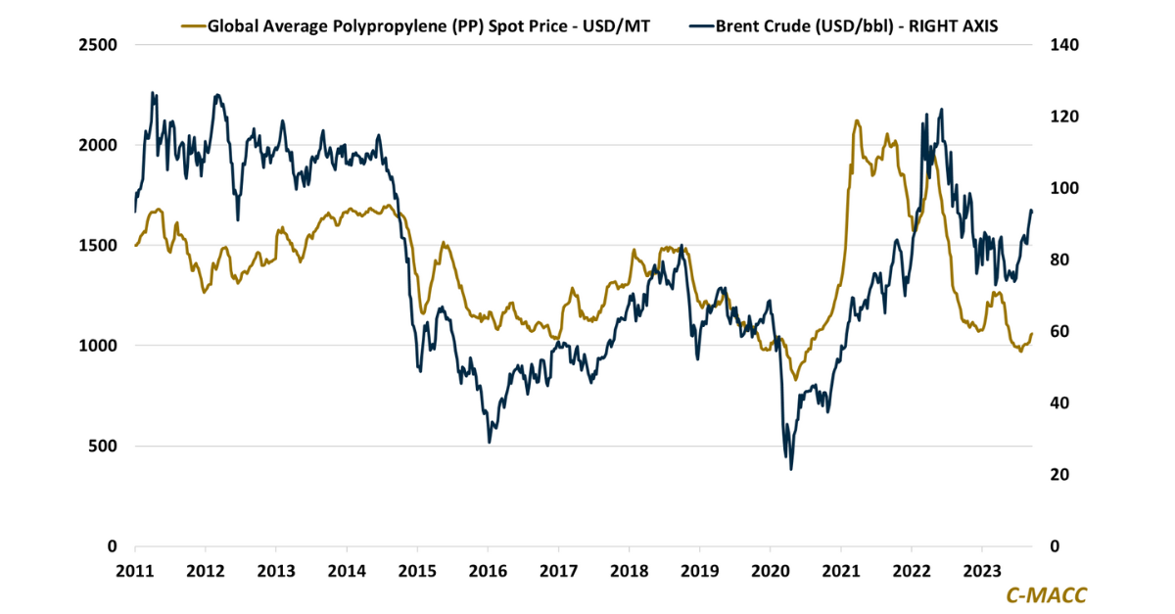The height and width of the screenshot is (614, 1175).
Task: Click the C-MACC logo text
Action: (x=1046, y=594)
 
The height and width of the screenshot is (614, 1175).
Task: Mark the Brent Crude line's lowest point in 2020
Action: (x=790, y=469)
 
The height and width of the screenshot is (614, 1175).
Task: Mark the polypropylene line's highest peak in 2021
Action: (x=857, y=120)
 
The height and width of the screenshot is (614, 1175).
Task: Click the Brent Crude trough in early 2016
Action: (x=489, y=442)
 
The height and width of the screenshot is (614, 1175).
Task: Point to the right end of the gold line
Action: (x=1032, y=334)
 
